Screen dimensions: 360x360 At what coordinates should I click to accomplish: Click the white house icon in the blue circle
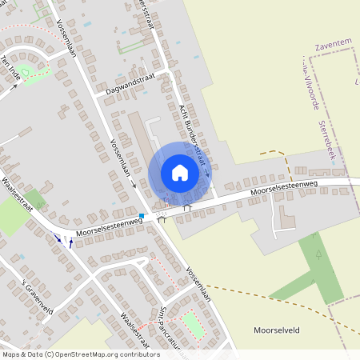pos(180,173)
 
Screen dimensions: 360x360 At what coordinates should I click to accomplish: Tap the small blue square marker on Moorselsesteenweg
pos(142,215)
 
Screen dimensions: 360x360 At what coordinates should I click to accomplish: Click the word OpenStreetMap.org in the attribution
pos(94,354)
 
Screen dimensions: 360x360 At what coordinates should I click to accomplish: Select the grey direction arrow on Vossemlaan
pos(133,184)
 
